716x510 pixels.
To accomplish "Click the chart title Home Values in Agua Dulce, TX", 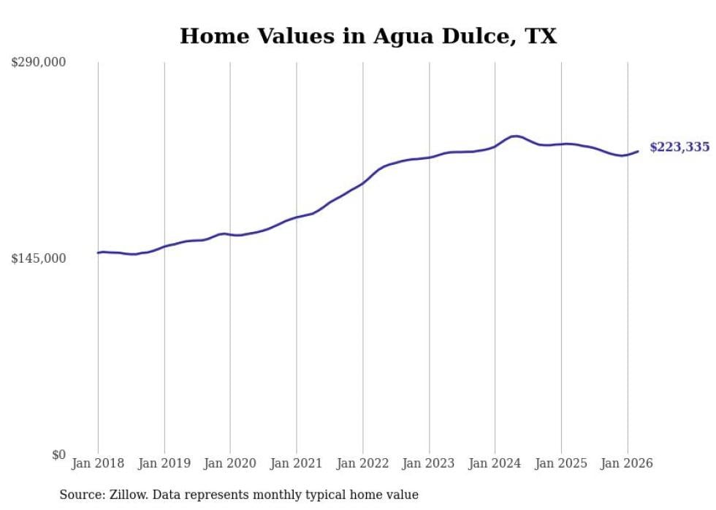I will coord(368,36).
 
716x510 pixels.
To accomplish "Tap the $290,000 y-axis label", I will coord(38,63).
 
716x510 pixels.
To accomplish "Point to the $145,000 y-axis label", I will coord(38,258).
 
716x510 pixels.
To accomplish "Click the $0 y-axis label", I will coord(58,455).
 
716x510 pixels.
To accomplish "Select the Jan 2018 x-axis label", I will coord(98,463).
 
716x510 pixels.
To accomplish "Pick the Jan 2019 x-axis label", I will coord(164,463).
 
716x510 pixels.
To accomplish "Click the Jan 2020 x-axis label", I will coord(230,463).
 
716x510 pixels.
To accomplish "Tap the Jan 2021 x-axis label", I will coord(297,463).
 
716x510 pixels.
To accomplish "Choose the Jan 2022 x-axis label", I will coord(363,463).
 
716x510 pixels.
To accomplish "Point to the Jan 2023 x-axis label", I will coord(429,463).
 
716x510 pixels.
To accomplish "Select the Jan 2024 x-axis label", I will coord(495,463).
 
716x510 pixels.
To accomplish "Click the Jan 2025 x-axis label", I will coord(561,463).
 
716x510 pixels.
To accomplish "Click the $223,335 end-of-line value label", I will coord(679,147).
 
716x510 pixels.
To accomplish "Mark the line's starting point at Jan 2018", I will coord(98,252).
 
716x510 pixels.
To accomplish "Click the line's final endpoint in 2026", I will coord(639,151).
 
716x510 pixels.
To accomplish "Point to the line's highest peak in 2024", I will coord(516,136).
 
